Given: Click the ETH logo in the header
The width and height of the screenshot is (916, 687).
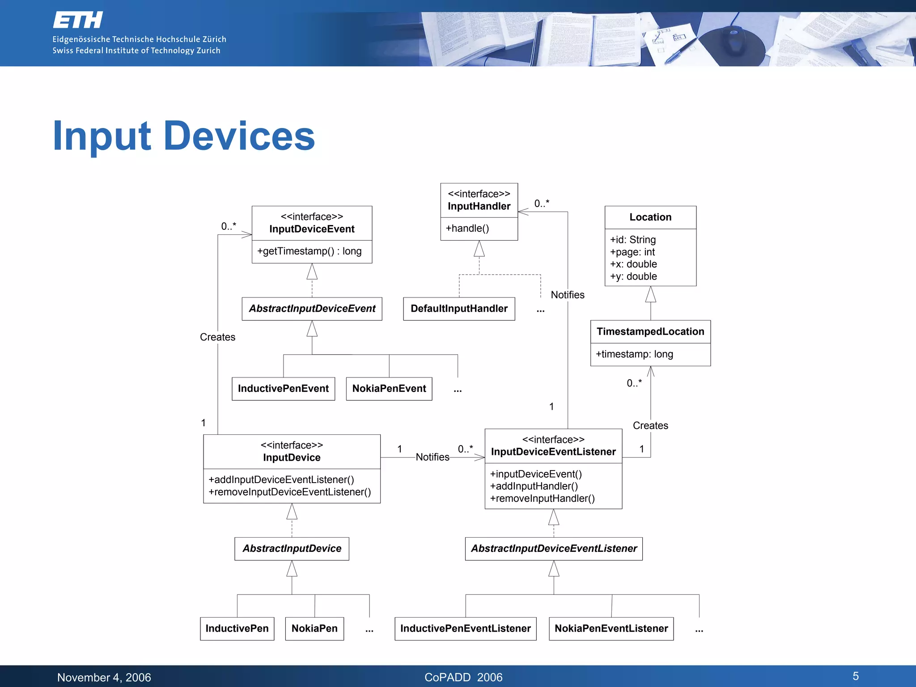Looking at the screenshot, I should click(x=78, y=20).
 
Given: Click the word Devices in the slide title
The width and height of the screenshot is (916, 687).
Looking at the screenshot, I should click(x=239, y=136).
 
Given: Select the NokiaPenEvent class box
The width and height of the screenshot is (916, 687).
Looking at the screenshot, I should click(x=389, y=389).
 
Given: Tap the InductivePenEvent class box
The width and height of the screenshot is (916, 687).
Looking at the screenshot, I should click(x=283, y=389).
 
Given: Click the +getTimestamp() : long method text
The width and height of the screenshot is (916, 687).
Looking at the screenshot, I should click(x=309, y=251).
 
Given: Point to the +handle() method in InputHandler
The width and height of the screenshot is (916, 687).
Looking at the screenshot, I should click(x=467, y=229).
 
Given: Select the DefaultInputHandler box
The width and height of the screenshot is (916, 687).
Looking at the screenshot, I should click(x=459, y=309).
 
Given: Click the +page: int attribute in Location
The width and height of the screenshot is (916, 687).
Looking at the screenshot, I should click(x=632, y=252).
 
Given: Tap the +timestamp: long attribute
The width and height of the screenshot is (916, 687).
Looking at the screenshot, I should click(x=634, y=354).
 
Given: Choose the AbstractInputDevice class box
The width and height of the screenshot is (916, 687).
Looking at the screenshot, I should click(x=292, y=549).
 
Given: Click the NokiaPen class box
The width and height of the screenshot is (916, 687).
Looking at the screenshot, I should click(x=314, y=629).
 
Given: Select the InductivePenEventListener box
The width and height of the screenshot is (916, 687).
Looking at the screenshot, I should click(x=465, y=629).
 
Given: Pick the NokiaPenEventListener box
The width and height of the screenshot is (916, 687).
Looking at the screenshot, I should click(x=611, y=629).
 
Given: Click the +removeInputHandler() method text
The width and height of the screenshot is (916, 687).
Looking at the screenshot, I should click(x=542, y=499).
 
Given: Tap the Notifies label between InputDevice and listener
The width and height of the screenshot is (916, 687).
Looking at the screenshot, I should click(x=432, y=457).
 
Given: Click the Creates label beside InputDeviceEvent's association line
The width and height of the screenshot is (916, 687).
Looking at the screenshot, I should click(x=217, y=337).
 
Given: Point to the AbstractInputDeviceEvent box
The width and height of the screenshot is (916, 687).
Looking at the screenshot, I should click(x=312, y=309).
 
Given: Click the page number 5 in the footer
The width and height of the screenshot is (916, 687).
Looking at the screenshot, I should click(x=855, y=676).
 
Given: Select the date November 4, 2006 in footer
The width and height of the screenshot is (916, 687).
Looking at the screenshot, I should click(x=104, y=678).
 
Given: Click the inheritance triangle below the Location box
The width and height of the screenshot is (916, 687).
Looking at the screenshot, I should click(x=650, y=294).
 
